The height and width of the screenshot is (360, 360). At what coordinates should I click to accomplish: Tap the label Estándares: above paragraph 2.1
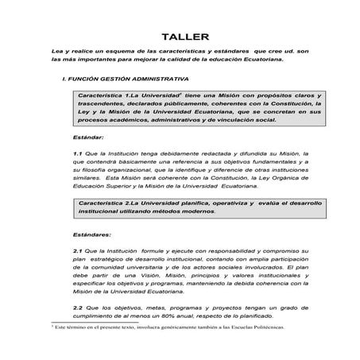pos(91,235)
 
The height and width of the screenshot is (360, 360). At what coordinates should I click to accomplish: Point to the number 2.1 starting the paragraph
pos(77,250)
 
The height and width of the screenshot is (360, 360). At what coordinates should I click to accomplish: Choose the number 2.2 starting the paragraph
pos(77,307)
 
